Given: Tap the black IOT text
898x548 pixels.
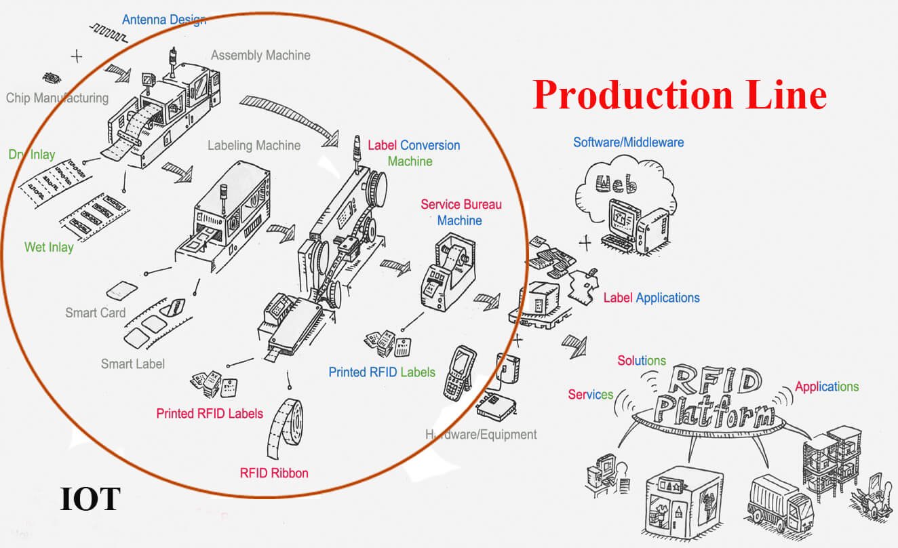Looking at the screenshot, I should click(90, 498).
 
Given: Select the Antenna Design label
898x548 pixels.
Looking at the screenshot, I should click(164, 20).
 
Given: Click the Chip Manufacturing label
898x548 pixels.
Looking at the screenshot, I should click(57, 98).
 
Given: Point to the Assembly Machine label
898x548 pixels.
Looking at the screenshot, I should click(260, 56).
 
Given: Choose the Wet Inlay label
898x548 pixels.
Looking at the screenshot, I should click(49, 247).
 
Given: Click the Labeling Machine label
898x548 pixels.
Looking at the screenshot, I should click(254, 145).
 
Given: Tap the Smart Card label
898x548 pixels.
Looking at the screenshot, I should click(96, 313).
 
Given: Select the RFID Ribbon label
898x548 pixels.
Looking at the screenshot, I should click(274, 473).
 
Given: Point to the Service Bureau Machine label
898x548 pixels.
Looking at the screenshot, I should click(461, 212).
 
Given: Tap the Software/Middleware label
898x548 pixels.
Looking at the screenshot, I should click(628, 142).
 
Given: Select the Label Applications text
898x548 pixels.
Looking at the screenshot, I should click(651, 298).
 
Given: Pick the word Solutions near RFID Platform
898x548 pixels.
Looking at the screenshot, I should click(641, 361).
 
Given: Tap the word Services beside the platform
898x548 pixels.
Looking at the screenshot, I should click(590, 394).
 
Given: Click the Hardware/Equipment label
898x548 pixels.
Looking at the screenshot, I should click(481, 434).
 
